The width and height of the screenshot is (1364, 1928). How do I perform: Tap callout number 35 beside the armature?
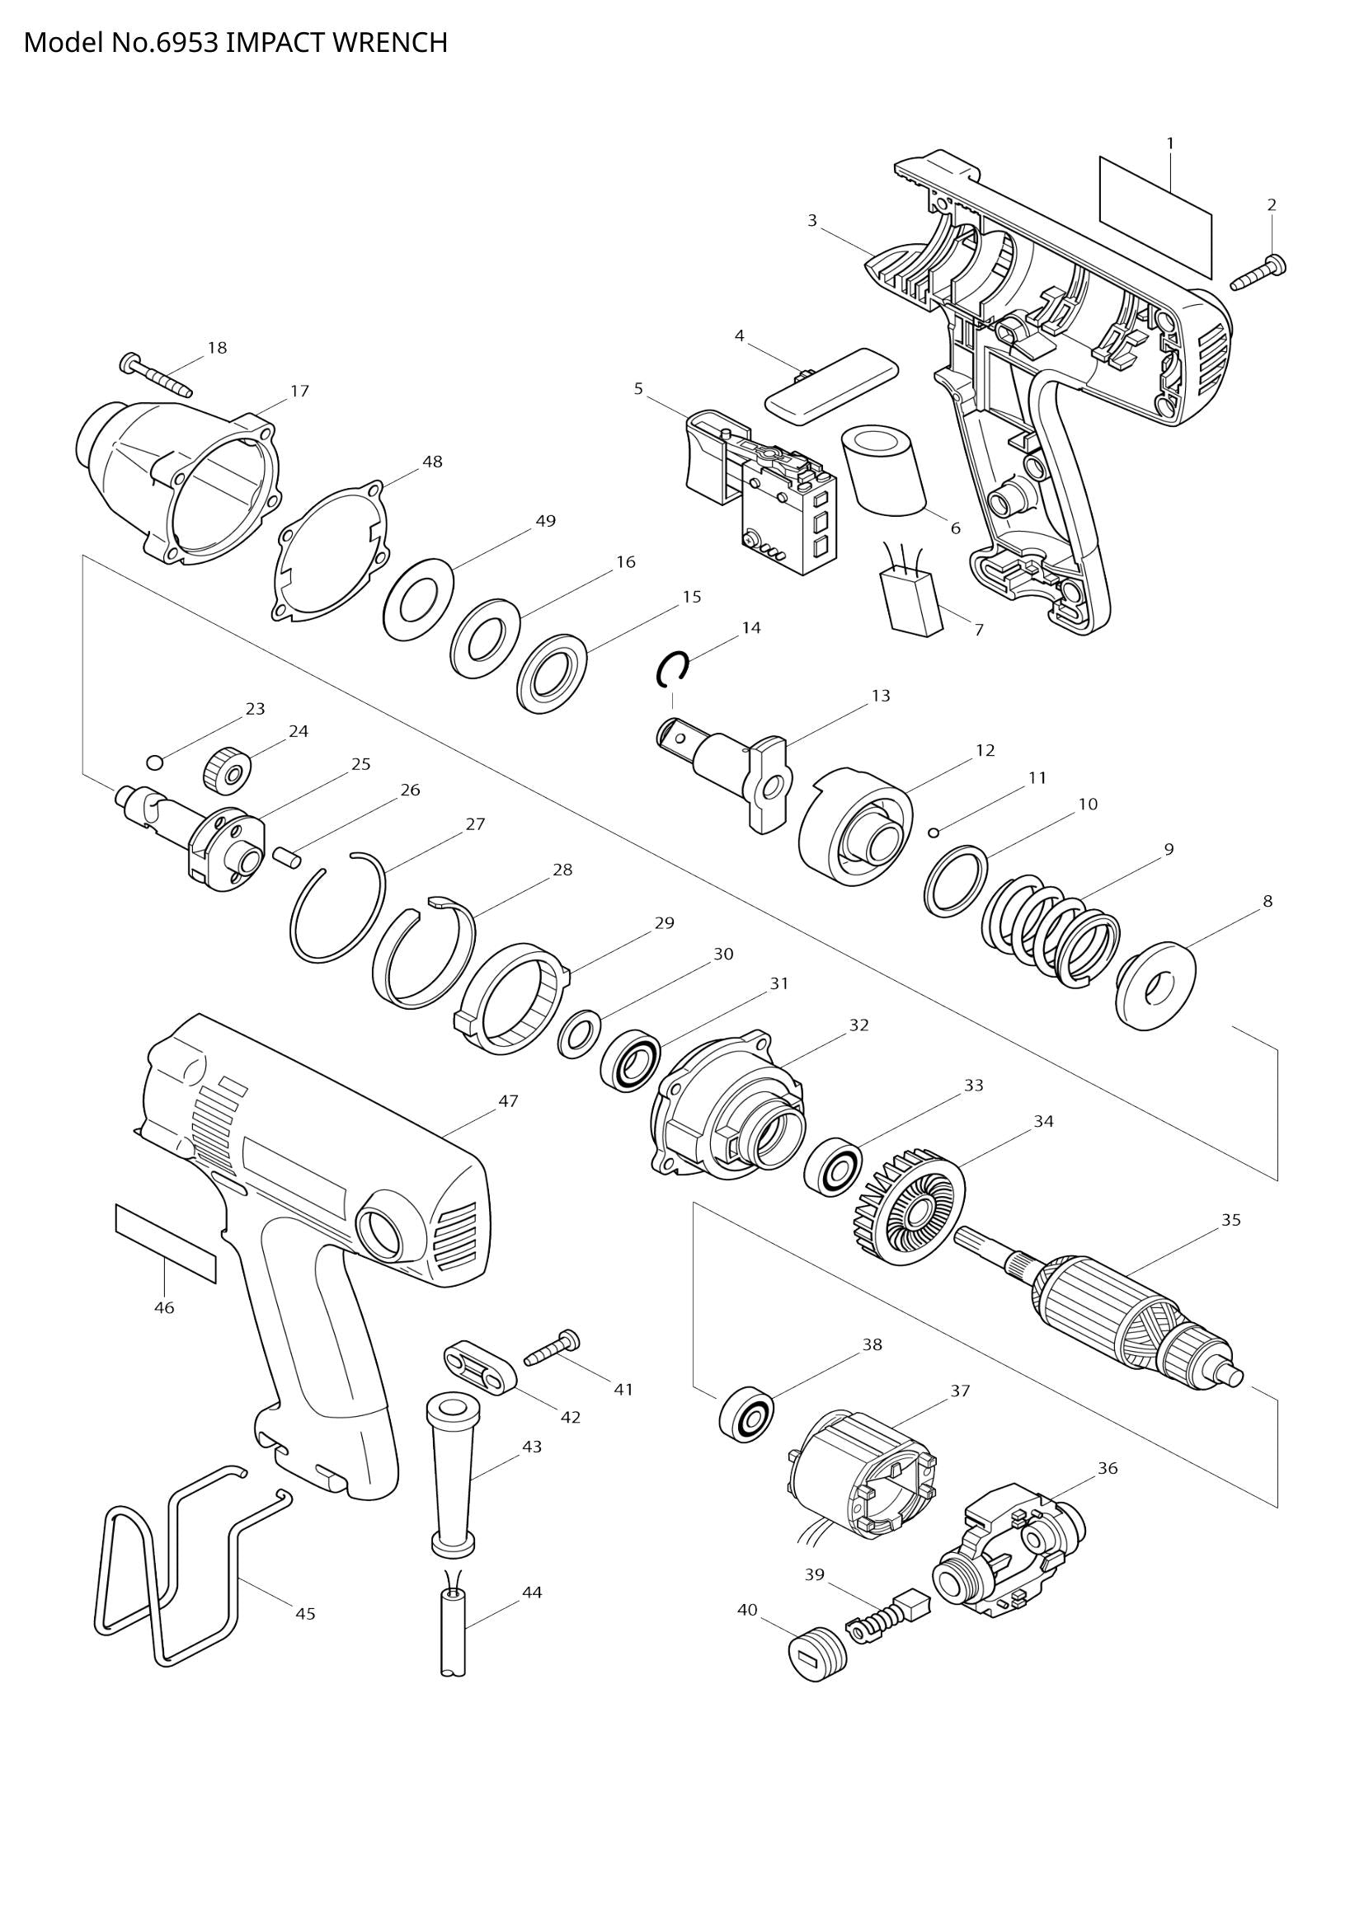[x=1230, y=1220]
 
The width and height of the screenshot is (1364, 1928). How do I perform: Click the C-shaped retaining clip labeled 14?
[x=672, y=669]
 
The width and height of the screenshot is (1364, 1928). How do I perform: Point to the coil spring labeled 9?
[x=1051, y=931]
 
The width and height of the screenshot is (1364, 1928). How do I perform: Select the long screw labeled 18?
[x=157, y=375]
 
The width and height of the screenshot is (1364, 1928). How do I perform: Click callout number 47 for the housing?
[x=508, y=1101]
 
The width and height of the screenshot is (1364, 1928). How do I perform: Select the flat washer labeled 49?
[x=418, y=599]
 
